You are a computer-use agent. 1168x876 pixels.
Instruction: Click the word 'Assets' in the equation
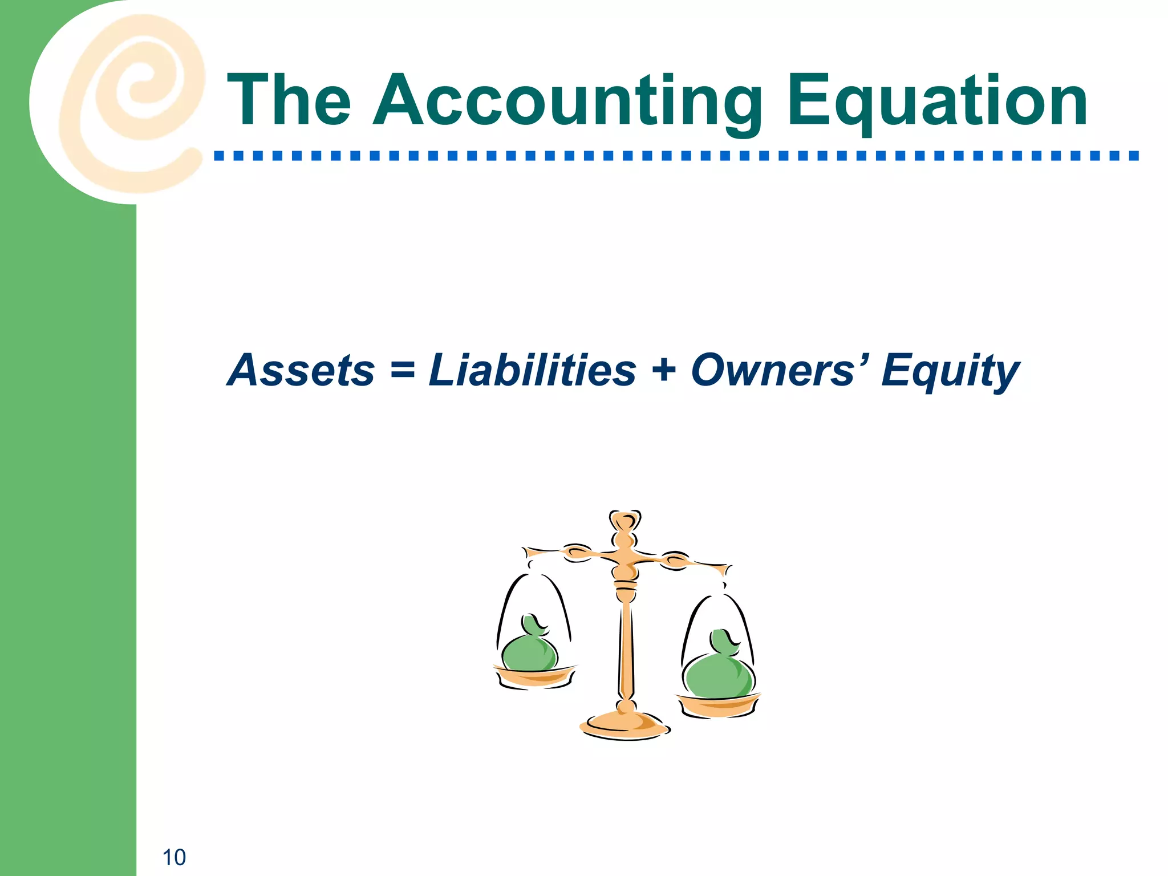[x=301, y=371]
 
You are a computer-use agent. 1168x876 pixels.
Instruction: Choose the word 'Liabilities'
[x=532, y=371]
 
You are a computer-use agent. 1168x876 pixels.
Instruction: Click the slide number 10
[x=174, y=857]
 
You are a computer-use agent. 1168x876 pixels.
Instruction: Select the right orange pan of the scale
[x=719, y=706]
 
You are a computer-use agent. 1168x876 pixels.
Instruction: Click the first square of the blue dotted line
[x=219, y=155]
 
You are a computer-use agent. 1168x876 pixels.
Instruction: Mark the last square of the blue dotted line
[x=1134, y=155]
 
